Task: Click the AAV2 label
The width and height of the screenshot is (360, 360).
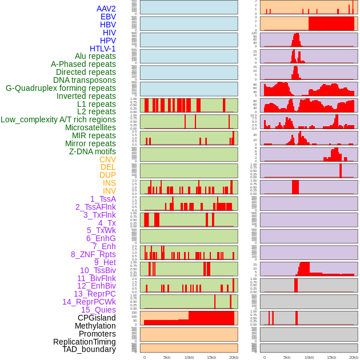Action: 106,9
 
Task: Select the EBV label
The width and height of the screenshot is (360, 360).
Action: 107,17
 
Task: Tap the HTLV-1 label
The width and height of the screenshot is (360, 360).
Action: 102,49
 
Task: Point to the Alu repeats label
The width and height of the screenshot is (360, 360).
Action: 95,56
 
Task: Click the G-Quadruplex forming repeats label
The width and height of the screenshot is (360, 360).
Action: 61,88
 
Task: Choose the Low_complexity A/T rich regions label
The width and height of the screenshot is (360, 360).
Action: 58,119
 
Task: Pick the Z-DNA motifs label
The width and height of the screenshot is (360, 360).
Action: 92,151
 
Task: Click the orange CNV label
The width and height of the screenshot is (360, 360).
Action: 107,159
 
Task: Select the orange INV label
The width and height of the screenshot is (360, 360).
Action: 109,191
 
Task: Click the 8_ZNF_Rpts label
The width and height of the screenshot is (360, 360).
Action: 93,254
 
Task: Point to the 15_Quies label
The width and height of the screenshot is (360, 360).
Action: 98,310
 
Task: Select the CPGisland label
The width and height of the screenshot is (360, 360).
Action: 97,318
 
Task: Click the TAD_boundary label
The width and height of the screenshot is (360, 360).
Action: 89,349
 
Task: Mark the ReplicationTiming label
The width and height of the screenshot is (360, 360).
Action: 84,342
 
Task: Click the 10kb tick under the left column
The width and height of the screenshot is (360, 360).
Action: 189,357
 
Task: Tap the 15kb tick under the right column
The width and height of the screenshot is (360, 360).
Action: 331,357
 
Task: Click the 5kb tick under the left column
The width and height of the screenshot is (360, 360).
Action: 167,357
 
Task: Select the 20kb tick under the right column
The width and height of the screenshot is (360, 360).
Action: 354,357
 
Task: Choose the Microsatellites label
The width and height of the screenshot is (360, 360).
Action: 90,127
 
